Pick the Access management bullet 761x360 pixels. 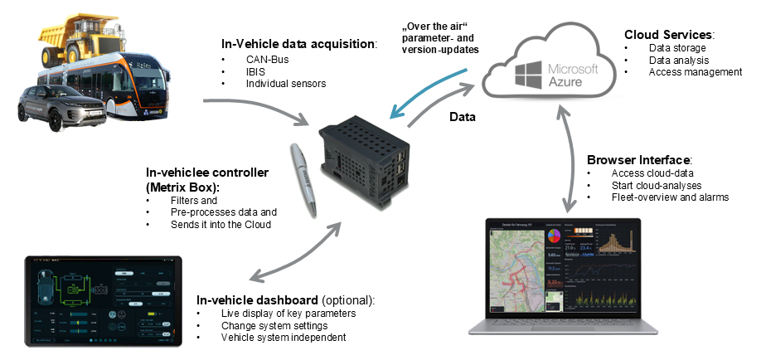point(696,72)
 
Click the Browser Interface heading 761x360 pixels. point(639,159)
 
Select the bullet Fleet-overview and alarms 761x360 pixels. point(670,197)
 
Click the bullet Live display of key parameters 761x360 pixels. point(288,313)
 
